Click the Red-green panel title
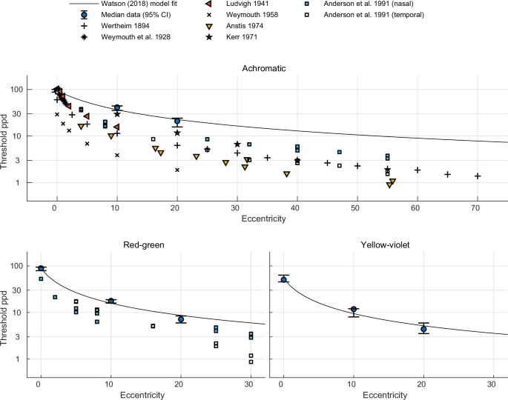[x=143, y=245]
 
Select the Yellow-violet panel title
[x=389, y=245]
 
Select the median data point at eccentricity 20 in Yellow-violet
[x=423, y=329]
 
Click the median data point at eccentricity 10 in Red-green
[x=110, y=301]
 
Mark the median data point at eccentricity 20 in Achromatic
[x=177, y=121]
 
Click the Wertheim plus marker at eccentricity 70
[x=478, y=176]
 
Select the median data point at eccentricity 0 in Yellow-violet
[x=283, y=279]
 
